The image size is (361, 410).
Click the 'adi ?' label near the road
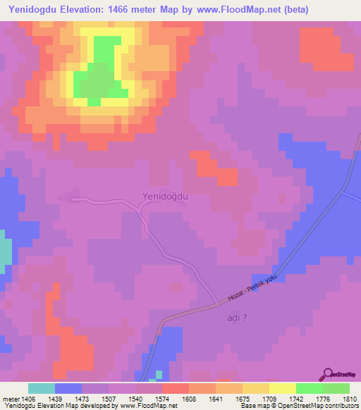point(238,317)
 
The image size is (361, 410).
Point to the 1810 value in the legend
point(349,399)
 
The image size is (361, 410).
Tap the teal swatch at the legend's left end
point(42,388)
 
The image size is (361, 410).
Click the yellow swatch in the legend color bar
point(283,388)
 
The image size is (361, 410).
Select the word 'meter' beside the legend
point(10,399)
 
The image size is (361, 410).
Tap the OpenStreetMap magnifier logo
point(328,373)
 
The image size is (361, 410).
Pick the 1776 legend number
point(322,399)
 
